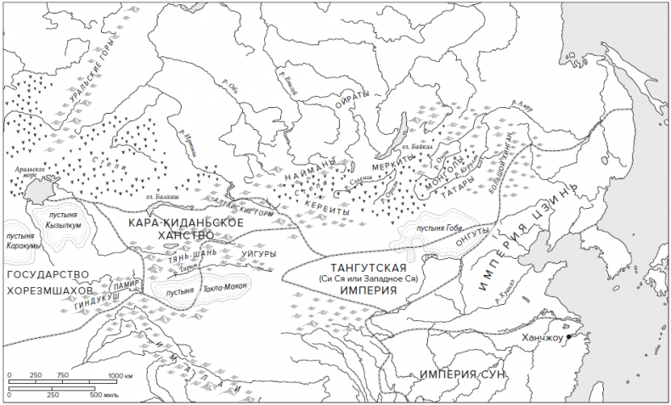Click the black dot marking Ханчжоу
tap(568, 338)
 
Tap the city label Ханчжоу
tap(542, 337)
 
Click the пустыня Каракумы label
tap(24, 240)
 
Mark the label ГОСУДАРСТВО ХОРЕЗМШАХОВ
tap(48, 283)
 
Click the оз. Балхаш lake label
tap(171, 198)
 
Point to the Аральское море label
tap(28, 174)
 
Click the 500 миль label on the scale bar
tap(108, 395)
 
